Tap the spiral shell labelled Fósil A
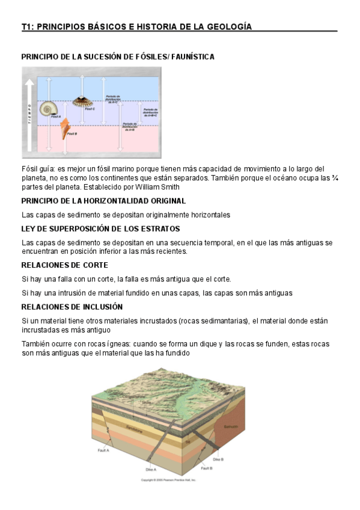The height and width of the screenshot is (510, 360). pyautogui.click(x=47, y=109)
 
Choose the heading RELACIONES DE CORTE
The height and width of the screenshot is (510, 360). pyautogui.click(x=65, y=265)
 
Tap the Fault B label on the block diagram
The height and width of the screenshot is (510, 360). pyautogui.click(x=207, y=467)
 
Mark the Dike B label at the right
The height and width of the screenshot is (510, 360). pyautogui.click(x=218, y=459)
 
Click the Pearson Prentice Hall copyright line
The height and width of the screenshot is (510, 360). pyautogui.click(x=168, y=480)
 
